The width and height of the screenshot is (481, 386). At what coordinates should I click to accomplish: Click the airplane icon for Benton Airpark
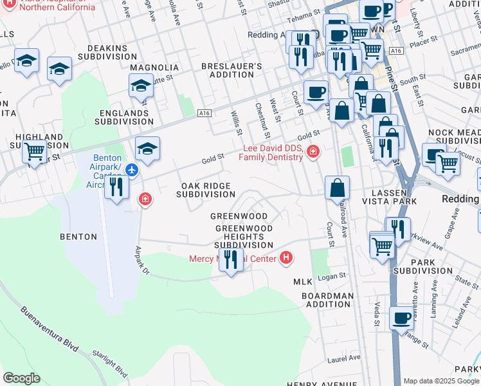tap(132, 170)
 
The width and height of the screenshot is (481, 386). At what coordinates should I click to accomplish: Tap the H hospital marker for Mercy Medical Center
tap(286, 259)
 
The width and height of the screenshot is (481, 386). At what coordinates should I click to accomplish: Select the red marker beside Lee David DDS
tap(313, 152)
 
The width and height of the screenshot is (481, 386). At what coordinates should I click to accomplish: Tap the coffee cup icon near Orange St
tap(402, 318)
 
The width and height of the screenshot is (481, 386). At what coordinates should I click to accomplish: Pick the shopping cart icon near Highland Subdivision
tap(34, 152)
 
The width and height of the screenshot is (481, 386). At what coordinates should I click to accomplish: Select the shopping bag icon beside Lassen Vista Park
tap(337, 188)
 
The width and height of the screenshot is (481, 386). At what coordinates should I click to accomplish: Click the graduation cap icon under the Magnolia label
tap(141, 85)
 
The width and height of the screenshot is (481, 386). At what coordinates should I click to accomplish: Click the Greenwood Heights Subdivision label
tap(244, 237)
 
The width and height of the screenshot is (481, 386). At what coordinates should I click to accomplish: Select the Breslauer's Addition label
tap(231, 71)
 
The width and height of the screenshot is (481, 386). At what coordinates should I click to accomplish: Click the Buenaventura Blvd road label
tap(50, 329)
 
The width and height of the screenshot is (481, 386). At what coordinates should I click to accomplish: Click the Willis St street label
tap(236, 123)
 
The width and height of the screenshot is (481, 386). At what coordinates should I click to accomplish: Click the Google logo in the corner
tap(21, 378)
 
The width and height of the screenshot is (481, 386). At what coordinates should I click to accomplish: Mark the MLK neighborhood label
tap(302, 282)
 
